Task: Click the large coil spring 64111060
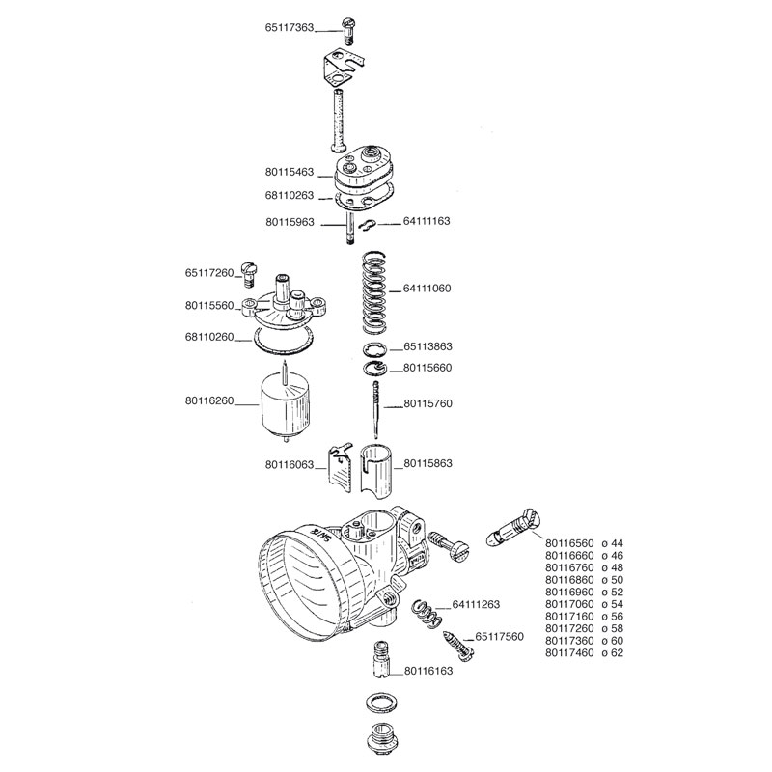(x=373, y=289)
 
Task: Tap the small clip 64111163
(x=366, y=225)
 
